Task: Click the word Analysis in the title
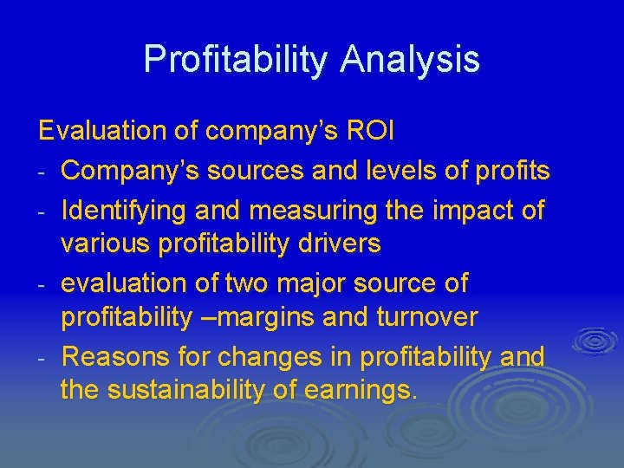pos(410,59)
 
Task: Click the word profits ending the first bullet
pos(514,171)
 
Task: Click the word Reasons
pos(118,355)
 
